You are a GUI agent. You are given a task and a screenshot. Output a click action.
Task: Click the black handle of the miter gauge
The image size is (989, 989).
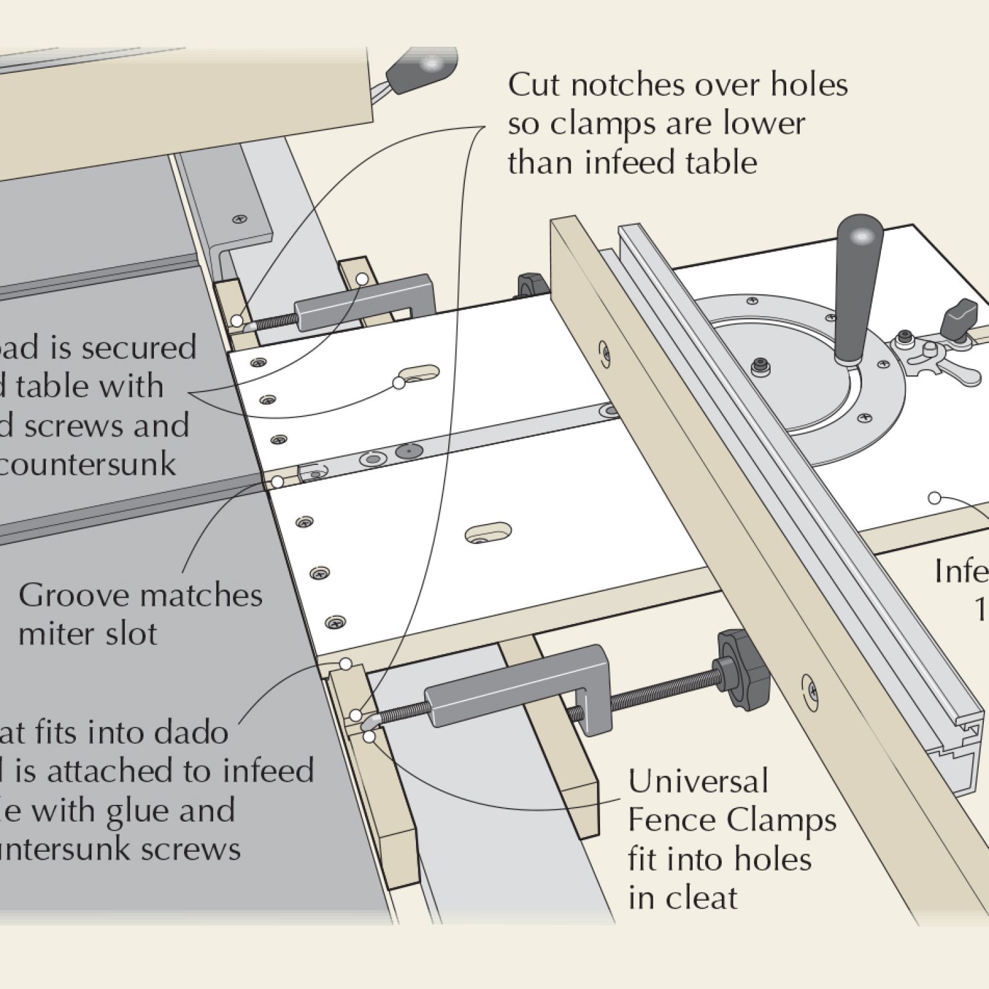(858, 258)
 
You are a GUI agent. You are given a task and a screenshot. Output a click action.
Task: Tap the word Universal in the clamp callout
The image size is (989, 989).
(698, 782)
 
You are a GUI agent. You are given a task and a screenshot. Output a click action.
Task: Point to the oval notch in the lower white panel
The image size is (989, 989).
(489, 532)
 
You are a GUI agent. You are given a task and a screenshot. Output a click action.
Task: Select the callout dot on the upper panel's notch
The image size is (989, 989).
(399, 383)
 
